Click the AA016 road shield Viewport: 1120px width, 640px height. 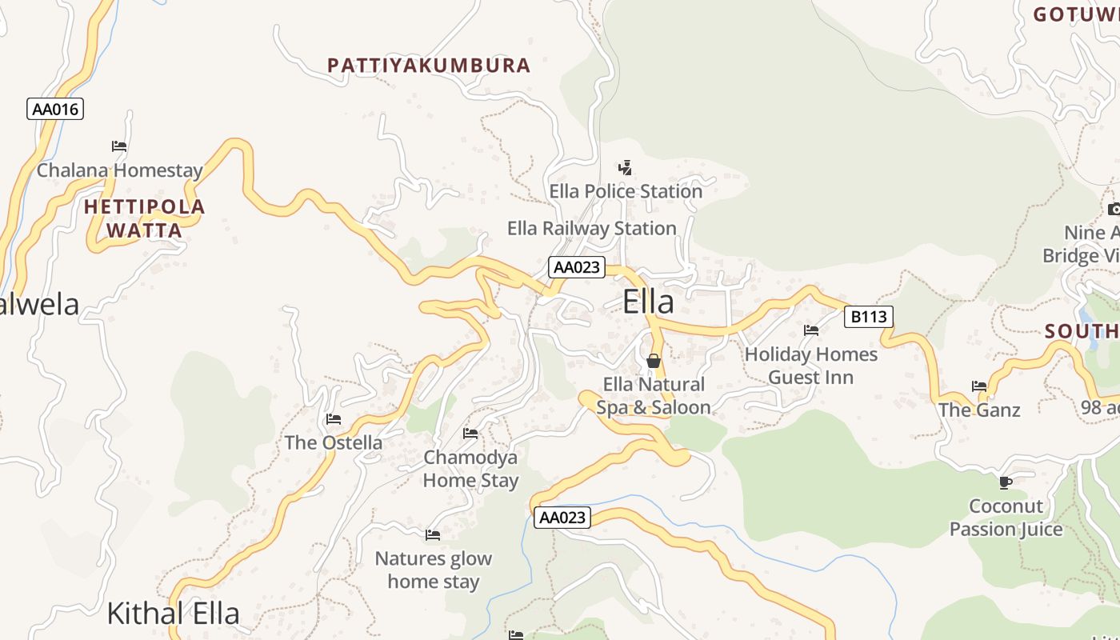(55, 109)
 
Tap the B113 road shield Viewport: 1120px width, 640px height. (868, 317)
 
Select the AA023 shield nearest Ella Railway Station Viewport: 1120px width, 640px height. (576, 267)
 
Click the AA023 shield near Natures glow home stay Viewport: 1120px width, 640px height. (562, 518)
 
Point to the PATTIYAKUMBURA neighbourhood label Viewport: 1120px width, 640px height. (429, 66)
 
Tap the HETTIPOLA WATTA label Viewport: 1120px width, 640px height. (145, 218)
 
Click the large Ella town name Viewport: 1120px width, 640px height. (648, 302)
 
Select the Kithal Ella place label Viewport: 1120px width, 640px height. (173, 614)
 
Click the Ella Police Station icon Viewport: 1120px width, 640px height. (626, 168)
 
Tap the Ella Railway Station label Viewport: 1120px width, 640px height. (592, 229)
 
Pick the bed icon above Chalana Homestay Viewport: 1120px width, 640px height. (119, 146)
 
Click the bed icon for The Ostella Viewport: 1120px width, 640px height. (334, 419)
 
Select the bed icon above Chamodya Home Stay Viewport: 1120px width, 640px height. (470, 434)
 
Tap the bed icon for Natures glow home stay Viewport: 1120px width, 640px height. (433, 534)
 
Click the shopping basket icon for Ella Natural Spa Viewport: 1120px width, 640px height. (654, 361)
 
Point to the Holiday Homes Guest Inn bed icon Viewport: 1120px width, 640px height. (811, 330)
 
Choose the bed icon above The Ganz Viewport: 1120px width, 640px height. (979, 386)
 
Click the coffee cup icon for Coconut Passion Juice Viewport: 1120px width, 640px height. (1006, 482)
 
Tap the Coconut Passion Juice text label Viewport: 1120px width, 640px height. (1006, 518)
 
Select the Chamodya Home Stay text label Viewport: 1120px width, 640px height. (470, 469)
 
